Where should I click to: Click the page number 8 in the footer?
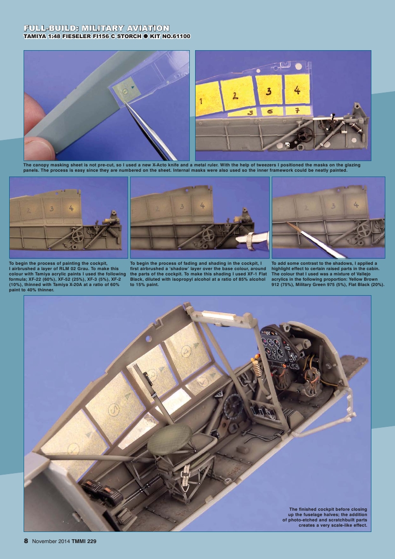point(26,541)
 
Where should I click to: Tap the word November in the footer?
point(46,541)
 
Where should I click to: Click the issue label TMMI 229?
point(84,541)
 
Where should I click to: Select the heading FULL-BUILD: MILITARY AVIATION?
point(96,28)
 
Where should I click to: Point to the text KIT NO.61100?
point(169,37)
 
